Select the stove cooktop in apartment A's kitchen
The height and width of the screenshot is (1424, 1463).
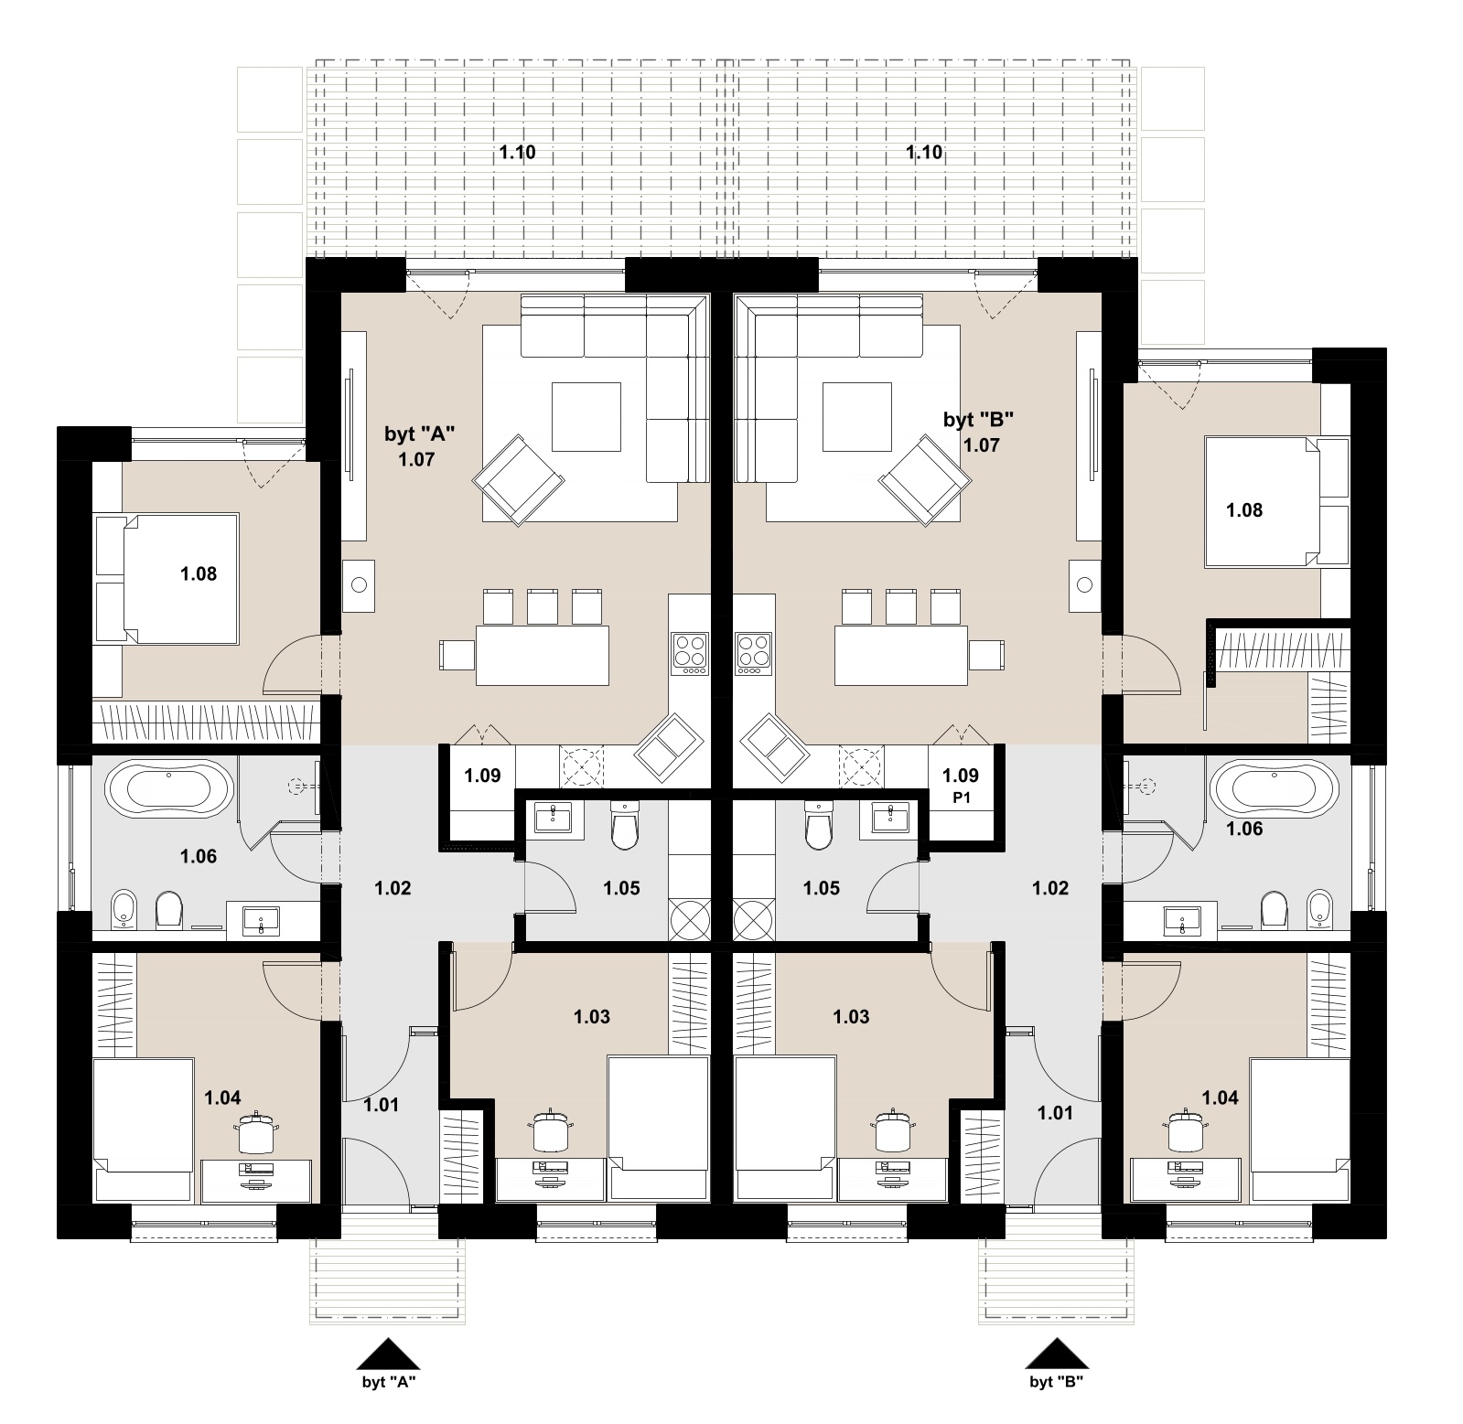tap(690, 654)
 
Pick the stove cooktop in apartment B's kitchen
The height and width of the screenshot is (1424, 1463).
tap(754, 654)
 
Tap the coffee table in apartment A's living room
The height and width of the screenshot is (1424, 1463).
tap(586, 417)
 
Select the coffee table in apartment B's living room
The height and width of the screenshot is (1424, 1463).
tap(857, 417)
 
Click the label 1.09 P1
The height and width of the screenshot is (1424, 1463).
tap(961, 786)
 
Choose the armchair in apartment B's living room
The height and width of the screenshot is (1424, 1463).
tap(925, 480)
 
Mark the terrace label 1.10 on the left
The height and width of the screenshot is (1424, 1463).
tap(517, 153)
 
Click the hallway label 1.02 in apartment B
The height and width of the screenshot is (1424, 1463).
tap(1050, 888)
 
